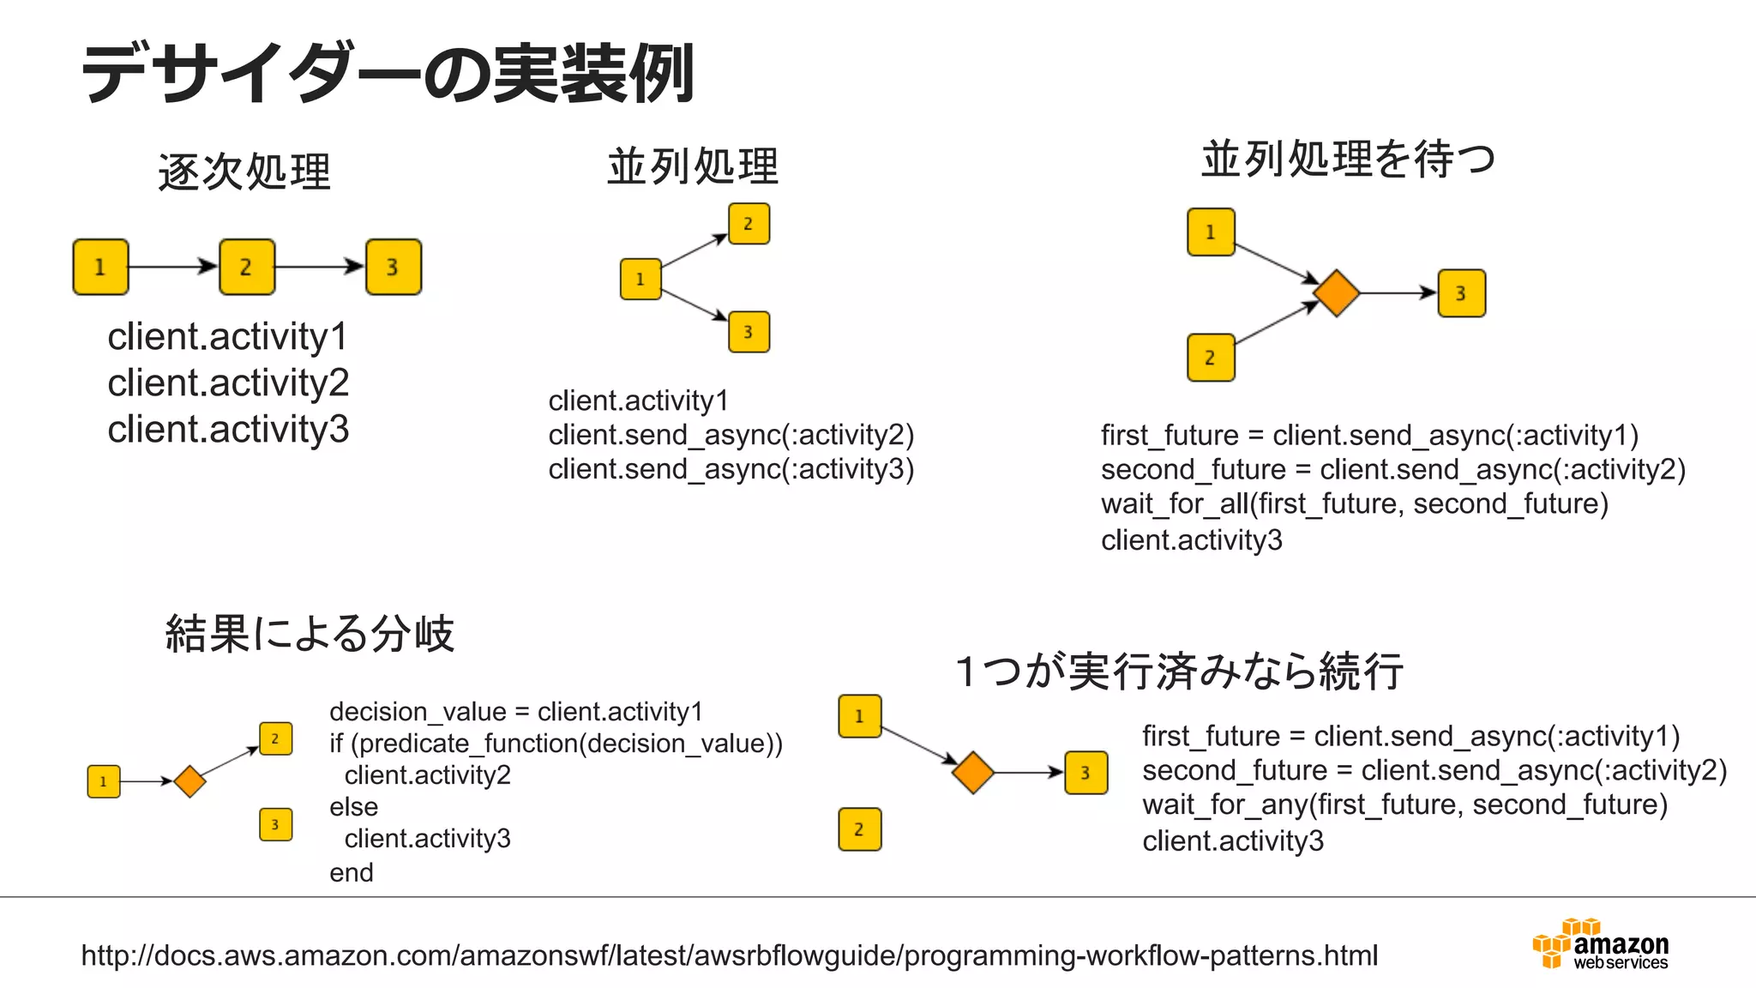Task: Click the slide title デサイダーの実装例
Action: pos(388,74)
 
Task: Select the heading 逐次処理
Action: pos(244,172)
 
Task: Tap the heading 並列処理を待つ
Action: pos(1348,160)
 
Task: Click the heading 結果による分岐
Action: pos(310,634)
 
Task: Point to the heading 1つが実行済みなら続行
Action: pos(1180,671)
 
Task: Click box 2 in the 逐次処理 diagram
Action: pos(247,267)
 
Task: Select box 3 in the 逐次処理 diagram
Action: pos(394,267)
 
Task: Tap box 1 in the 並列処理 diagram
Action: pos(640,279)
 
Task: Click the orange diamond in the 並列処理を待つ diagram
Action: pos(1336,292)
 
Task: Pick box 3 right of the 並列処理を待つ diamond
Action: pos(1461,293)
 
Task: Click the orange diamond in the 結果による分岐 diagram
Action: pos(189,780)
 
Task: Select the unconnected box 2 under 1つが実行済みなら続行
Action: pos(859,828)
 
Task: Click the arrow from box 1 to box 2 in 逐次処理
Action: pos(172,267)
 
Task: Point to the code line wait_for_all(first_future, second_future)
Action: pos(1354,503)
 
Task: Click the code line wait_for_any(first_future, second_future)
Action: pos(1404,804)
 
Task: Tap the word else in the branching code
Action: pos(353,807)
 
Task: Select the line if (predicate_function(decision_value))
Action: pos(556,744)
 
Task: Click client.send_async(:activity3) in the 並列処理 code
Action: pos(731,469)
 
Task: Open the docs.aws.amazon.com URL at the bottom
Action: pos(729,955)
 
